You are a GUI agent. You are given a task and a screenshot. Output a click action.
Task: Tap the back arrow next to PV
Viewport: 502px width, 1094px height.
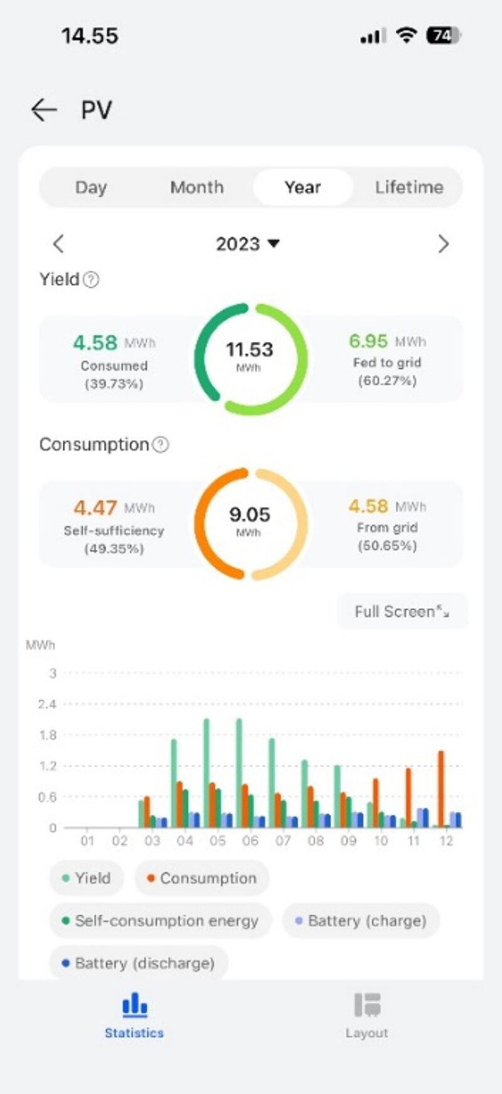point(44,110)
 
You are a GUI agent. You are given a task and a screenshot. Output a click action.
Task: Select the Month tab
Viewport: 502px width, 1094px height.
point(196,187)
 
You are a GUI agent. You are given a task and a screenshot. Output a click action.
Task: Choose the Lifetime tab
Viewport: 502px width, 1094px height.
point(409,187)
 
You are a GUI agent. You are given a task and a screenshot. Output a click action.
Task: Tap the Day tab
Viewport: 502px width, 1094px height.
point(91,187)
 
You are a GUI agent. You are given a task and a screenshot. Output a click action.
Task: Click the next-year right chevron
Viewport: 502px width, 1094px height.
point(444,243)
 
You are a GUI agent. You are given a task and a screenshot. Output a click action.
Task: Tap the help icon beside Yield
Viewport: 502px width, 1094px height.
point(92,280)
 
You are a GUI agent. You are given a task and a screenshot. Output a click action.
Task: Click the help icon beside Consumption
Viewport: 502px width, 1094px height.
point(161,445)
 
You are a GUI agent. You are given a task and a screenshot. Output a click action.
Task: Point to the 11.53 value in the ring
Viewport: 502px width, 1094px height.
point(250,349)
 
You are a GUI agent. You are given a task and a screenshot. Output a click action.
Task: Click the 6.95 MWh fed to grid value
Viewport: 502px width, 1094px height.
point(368,341)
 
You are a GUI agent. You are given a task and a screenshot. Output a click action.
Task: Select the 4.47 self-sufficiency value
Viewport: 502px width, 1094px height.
point(95,507)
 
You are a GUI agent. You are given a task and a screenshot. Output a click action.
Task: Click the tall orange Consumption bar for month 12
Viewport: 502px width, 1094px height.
point(441,789)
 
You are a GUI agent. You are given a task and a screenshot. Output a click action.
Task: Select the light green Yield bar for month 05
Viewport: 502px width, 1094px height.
point(206,773)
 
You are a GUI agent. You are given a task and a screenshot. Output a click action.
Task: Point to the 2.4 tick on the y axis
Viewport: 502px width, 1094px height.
point(48,704)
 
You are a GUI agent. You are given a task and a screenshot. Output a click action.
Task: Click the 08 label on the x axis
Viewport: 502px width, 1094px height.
point(316,841)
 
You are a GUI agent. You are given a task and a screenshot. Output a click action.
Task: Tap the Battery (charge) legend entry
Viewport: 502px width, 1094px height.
point(361,921)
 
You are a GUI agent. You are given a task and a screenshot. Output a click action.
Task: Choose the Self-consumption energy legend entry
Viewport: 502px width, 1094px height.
point(161,921)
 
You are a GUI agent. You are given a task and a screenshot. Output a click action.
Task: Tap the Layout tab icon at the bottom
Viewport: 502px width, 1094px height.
point(367,1005)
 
